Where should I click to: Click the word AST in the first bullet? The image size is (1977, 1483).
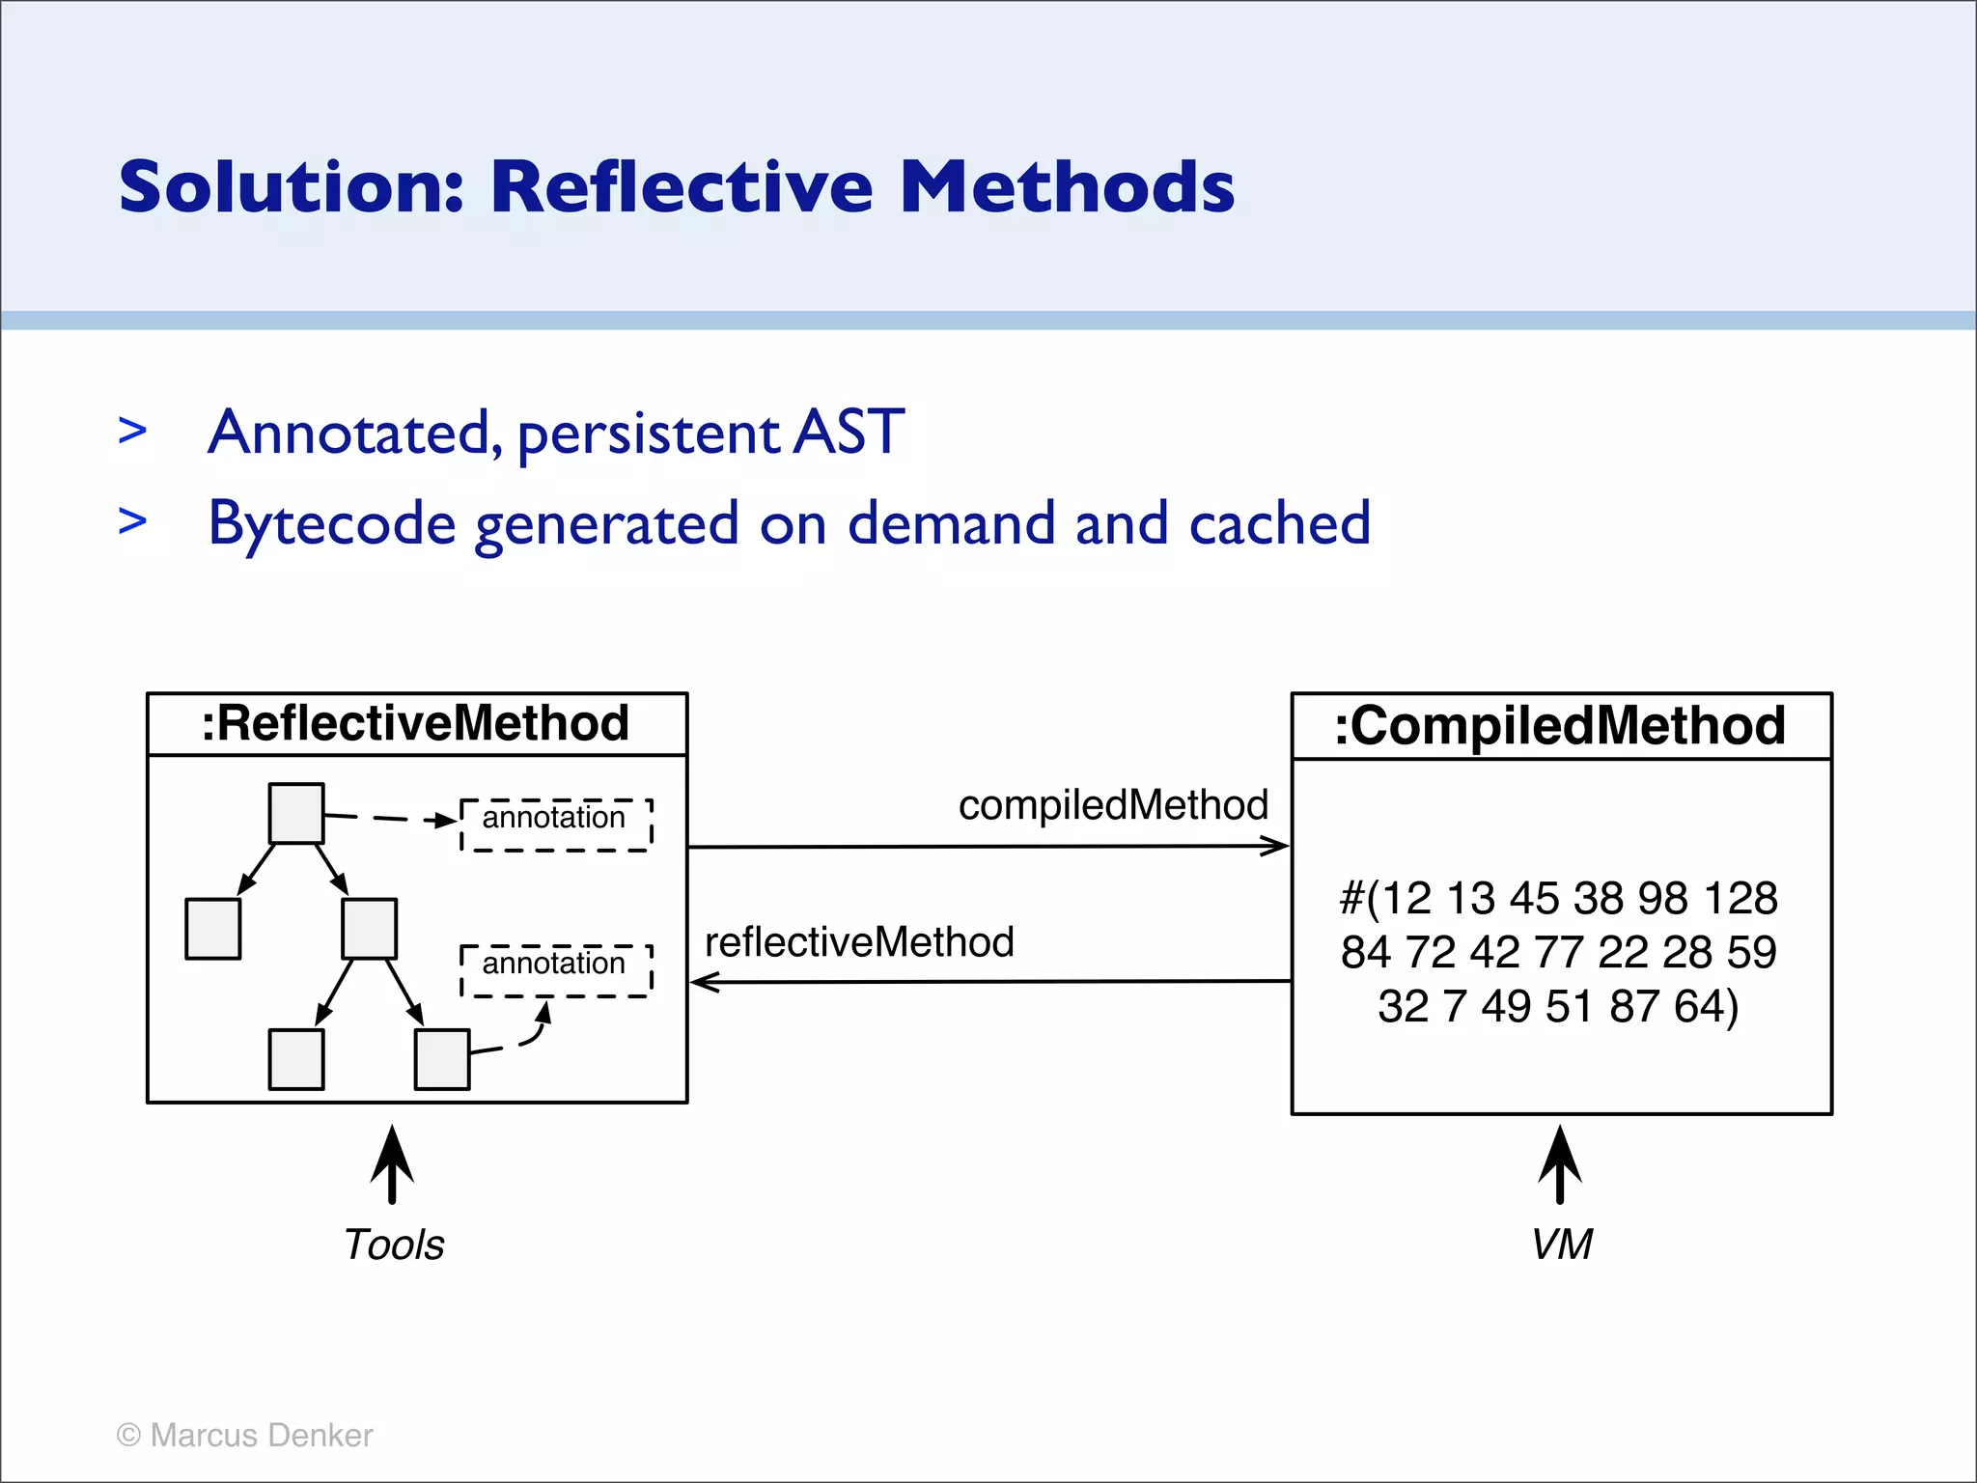point(849,432)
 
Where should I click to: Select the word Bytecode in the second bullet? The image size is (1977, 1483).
point(332,524)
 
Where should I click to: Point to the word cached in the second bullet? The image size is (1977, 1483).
point(1279,524)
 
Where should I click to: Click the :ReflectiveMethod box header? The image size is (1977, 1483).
point(416,724)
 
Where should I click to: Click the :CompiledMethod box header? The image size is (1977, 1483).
point(1560,726)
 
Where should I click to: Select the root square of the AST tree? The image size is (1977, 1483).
point(296,813)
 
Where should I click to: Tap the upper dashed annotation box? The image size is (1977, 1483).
point(556,824)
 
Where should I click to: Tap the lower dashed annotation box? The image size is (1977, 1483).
point(556,969)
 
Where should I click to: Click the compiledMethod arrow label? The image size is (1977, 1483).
point(1112,805)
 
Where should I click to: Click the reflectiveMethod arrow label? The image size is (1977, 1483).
point(859,942)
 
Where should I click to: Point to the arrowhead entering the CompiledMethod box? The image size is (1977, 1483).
point(1278,847)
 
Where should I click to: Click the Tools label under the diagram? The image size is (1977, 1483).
point(394,1245)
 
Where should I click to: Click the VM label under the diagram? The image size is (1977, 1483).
point(1561,1245)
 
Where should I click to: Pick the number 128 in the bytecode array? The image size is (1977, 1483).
point(1740,899)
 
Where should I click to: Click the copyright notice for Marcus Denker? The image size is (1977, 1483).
point(244,1435)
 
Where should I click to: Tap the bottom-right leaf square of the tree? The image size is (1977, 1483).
point(442,1059)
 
